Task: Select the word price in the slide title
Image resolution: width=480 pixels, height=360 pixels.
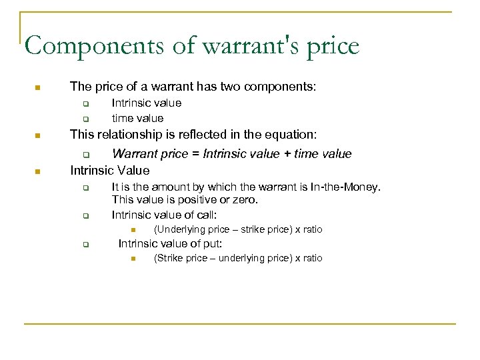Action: [x=332, y=47]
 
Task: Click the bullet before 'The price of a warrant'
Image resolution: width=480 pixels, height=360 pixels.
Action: [x=38, y=87]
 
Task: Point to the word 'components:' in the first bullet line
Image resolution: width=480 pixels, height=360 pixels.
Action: [x=283, y=87]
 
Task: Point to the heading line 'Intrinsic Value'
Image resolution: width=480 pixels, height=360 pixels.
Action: [x=110, y=171]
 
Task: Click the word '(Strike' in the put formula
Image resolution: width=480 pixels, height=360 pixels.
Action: [x=168, y=258]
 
